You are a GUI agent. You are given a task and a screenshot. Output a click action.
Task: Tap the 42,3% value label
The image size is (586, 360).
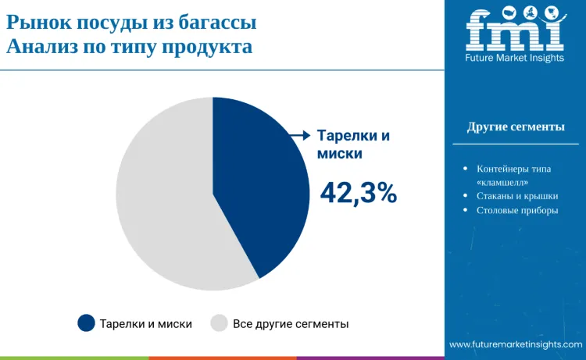coord(359,193)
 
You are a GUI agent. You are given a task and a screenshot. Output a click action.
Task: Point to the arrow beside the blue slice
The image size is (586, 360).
coord(300,135)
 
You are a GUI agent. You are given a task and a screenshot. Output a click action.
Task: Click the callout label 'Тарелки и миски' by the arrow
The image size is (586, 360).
coord(352,144)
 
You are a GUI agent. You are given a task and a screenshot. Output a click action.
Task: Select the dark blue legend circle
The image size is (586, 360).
coord(86,323)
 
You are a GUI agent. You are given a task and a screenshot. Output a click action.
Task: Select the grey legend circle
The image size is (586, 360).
coord(219,323)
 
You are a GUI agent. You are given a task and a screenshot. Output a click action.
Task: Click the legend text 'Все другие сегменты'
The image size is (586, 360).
coord(291,323)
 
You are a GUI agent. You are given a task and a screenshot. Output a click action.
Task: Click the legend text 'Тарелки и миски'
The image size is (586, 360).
coord(146,323)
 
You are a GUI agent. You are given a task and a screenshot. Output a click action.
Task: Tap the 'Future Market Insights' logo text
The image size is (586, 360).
coord(515,58)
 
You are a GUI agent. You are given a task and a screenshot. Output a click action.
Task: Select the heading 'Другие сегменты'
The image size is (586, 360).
coord(516,127)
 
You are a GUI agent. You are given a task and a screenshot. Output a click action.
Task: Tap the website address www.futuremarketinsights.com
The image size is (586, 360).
coord(516,344)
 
